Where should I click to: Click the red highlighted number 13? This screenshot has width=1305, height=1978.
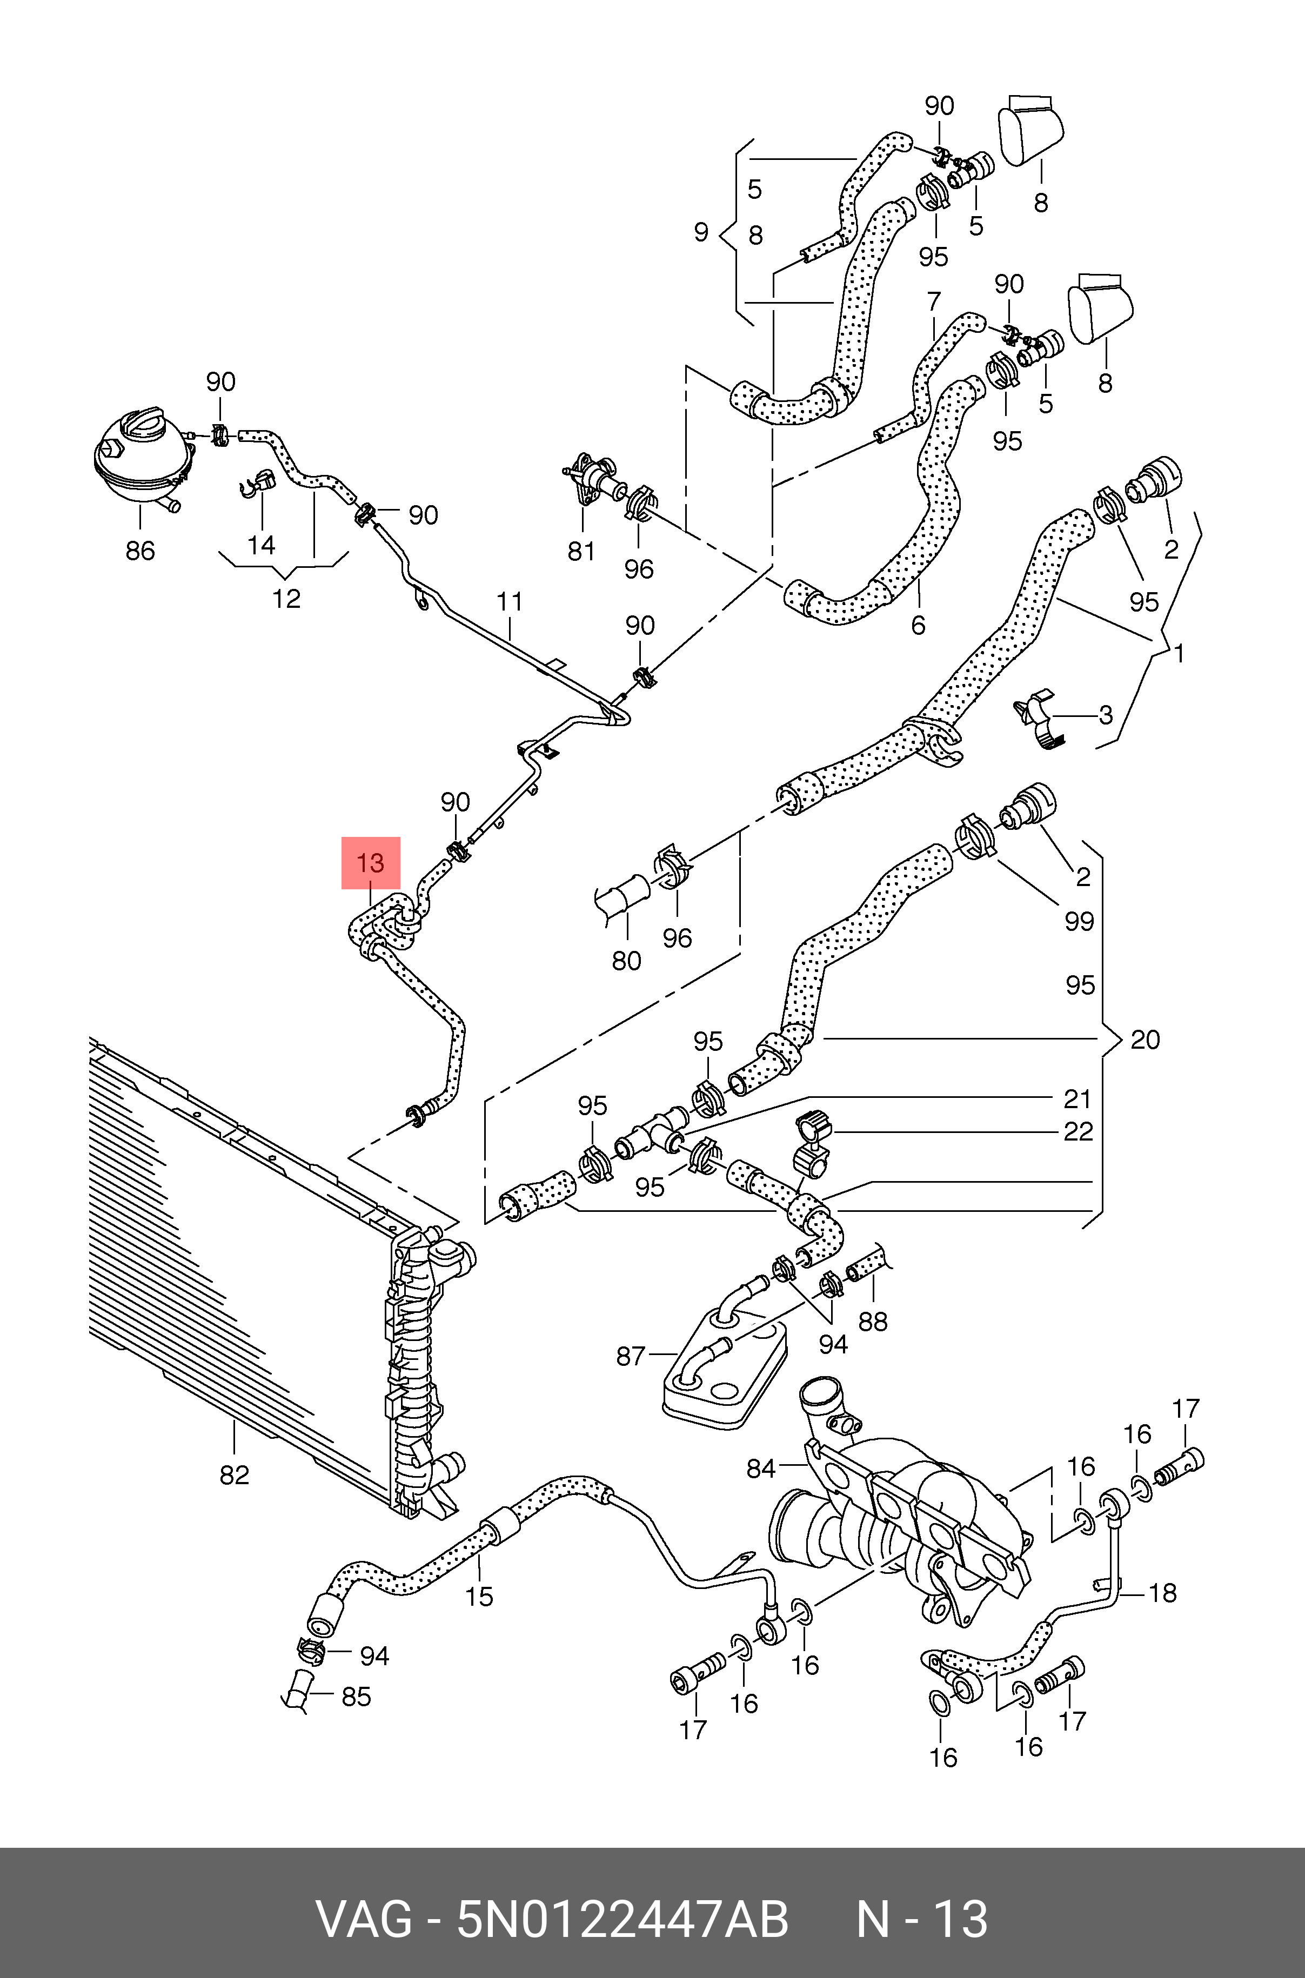coord(370,863)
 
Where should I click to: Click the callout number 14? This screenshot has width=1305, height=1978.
coord(262,545)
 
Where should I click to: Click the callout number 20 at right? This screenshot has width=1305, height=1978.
coord(1145,1040)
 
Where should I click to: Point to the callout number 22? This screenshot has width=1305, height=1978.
coord(1078,1132)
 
